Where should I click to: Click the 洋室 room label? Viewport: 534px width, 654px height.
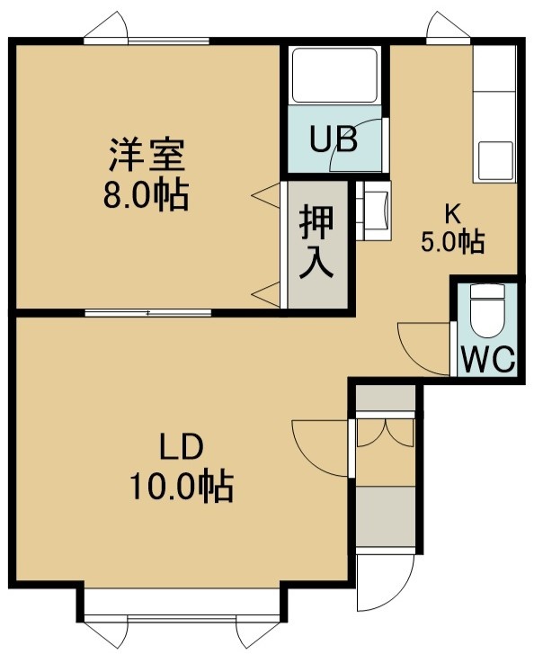[x=147, y=155]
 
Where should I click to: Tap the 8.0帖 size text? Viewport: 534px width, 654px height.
[x=146, y=195]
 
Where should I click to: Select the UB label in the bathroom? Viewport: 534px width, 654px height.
[x=334, y=139]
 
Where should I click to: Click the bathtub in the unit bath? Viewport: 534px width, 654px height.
[x=334, y=76]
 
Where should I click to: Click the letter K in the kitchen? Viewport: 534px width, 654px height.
[x=453, y=215]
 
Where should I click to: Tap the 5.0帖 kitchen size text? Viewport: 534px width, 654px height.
[x=453, y=242]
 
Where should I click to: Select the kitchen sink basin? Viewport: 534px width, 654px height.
[x=495, y=160]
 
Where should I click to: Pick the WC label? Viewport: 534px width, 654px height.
[x=488, y=359]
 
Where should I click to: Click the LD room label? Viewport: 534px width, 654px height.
[x=182, y=446]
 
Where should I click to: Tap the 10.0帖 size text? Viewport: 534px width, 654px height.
[x=182, y=487]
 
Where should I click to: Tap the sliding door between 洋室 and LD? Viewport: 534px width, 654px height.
[x=148, y=312]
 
